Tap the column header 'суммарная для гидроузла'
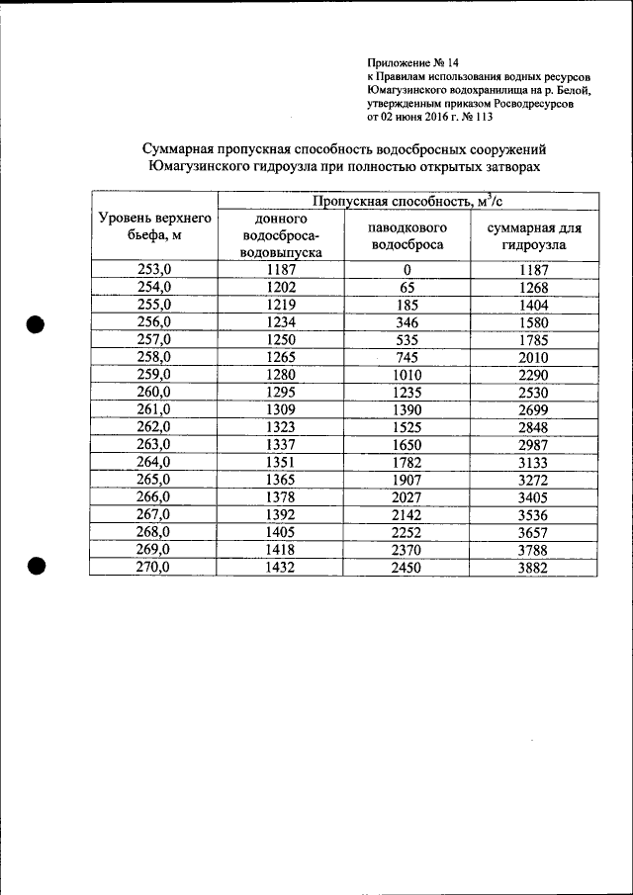532,235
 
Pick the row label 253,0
153,269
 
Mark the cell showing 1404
532,305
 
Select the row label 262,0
153,427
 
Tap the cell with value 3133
532,463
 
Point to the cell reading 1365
281,480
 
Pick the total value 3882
532,568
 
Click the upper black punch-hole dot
37,325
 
